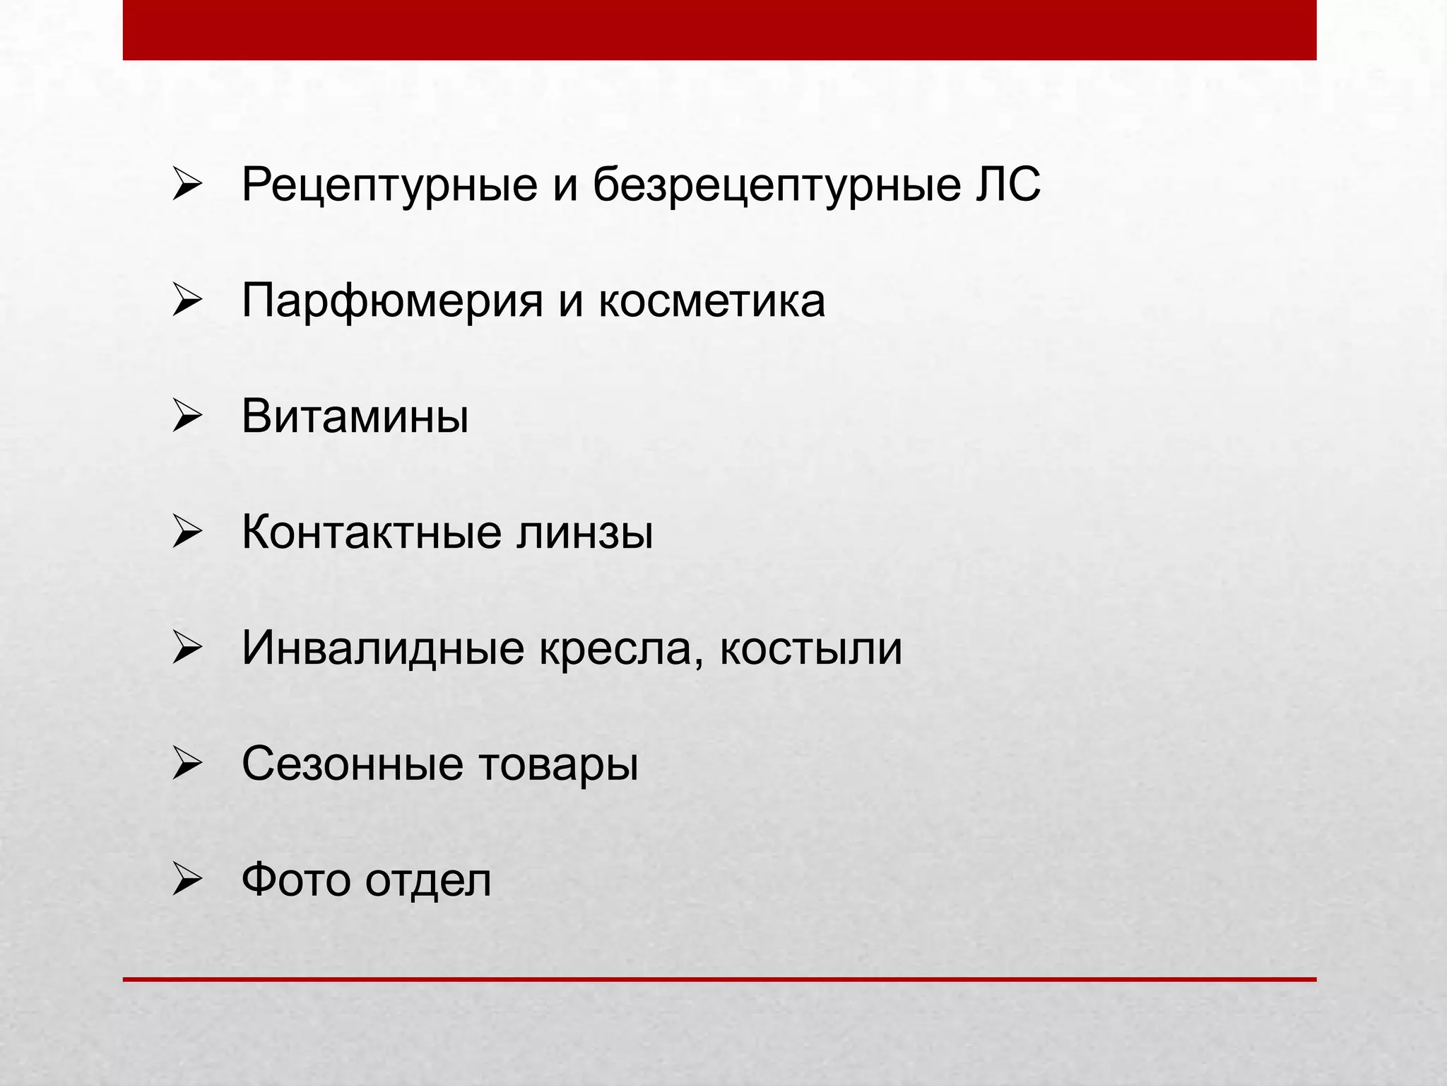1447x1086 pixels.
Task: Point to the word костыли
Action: click(x=810, y=648)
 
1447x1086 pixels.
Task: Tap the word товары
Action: click(x=558, y=764)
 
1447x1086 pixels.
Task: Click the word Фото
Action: click(x=296, y=880)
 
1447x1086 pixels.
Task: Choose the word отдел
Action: click(x=427, y=880)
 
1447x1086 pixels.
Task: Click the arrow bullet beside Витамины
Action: click(x=187, y=417)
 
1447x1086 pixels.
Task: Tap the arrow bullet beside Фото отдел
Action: click(x=187, y=881)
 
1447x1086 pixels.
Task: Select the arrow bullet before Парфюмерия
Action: click(x=187, y=301)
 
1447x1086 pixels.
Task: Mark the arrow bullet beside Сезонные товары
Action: click(x=187, y=765)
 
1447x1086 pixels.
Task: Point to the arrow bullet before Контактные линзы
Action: click(x=187, y=533)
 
